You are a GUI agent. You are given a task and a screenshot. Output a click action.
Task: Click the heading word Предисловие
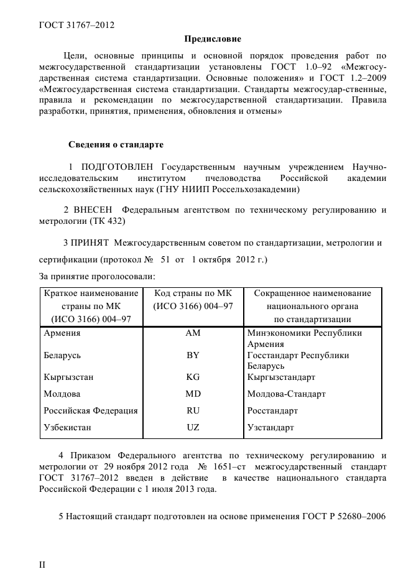[212, 39]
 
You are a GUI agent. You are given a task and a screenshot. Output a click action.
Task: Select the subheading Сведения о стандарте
[116, 145]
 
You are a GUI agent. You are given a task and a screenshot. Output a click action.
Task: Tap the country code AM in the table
[193, 333]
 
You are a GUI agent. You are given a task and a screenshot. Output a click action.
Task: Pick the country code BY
[193, 356]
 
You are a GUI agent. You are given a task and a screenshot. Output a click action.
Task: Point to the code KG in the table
[193, 377]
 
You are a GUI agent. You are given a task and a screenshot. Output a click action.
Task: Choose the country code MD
[193, 394]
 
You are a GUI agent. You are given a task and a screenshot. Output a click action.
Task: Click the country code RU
[193, 410]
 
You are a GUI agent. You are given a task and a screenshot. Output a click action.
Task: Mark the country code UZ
[193, 427]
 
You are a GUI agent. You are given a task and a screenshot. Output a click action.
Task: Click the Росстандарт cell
[272, 410]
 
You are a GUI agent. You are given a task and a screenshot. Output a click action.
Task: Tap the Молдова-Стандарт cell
[286, 394]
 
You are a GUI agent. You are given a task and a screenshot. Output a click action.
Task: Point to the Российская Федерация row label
[90, 410]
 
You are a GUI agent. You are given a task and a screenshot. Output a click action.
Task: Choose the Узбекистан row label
[67, 427]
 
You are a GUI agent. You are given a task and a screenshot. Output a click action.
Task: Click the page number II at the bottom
[42, 565]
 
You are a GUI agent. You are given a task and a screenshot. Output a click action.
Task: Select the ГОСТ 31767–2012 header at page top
[76, 25]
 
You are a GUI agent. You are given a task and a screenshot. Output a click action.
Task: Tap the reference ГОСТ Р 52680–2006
[344, 517]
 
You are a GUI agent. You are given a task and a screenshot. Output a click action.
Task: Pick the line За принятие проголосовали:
[96, 276]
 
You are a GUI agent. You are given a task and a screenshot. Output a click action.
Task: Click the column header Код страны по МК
[193, 293]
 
